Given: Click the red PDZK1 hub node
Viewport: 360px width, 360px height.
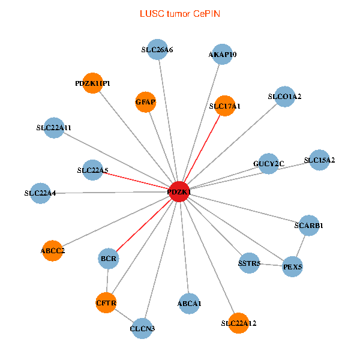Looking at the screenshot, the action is [x=179, y=191].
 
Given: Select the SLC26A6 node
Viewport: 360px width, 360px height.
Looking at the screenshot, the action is [x=157, y=50].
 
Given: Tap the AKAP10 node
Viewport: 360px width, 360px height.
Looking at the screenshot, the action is [x=222, y=54].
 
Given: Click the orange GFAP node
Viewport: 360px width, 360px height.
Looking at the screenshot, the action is [x=146, y=102].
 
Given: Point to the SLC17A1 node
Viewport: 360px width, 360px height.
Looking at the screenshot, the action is [x=224, y=106].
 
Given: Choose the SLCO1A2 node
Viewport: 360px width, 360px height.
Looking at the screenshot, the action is [x=284, y=97].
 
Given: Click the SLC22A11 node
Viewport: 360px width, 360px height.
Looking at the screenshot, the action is [x=54, y=127].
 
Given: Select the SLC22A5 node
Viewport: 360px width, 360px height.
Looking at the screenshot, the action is [x=92, y=170].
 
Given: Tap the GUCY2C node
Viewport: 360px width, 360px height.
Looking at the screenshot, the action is [x=268, y=164].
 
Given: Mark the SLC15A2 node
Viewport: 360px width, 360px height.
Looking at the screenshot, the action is [x=319, y=160].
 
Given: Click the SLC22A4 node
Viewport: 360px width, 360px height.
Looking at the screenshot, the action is [x=40, y=193].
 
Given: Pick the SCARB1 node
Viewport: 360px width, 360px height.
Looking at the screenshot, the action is [x=308, y=225].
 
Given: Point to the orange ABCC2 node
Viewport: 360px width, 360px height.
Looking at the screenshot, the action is [x=53, y=250].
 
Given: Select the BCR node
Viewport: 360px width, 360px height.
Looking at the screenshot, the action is [x=109, y=259].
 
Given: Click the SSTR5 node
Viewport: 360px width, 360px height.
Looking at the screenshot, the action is [x=249, y=263].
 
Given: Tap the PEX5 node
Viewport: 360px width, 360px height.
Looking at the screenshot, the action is [x=292, y=266].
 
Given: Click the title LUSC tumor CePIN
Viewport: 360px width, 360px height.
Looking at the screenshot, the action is [x=179, y=13].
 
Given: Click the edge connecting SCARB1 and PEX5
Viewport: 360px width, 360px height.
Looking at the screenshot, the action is [x=301, y=245].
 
